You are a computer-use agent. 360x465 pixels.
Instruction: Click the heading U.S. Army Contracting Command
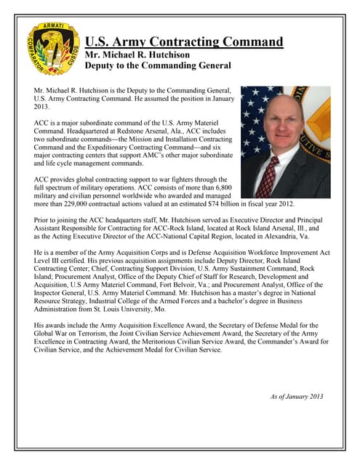click(184, 41)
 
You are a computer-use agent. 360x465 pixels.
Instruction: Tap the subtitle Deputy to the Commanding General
click(158, 66)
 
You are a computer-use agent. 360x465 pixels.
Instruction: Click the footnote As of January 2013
click(296, 396)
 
